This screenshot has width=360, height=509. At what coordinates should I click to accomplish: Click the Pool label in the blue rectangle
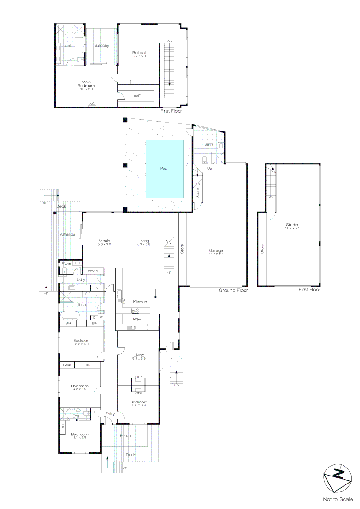(164, 168)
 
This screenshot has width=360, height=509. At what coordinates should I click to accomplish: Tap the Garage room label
(216, 251)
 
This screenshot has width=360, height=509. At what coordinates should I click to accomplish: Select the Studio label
(292, 225)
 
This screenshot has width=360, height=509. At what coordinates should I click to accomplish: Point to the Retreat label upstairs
(139, 53)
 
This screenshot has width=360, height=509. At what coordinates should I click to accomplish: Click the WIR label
(138, 96)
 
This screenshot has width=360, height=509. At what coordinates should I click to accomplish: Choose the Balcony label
(101, 45)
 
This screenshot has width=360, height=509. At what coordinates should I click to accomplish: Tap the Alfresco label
(68, 234)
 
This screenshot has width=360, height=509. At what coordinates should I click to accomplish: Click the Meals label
(104, 241)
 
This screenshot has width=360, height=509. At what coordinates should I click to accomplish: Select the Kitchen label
(140, 302)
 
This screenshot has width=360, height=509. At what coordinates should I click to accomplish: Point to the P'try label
(137, 319)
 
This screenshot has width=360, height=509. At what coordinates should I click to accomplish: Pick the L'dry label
(81, 280)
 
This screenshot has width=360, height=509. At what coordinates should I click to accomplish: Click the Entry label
(110, 414)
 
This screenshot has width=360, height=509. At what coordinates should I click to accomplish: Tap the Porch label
(125, 435)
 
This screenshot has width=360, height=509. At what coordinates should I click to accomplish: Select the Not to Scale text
(337, 499)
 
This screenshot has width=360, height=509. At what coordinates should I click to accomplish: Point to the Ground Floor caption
(233, 290)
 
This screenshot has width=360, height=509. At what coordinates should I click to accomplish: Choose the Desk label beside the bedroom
(66, 365)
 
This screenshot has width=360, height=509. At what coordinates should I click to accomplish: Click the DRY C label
(93, 271)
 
